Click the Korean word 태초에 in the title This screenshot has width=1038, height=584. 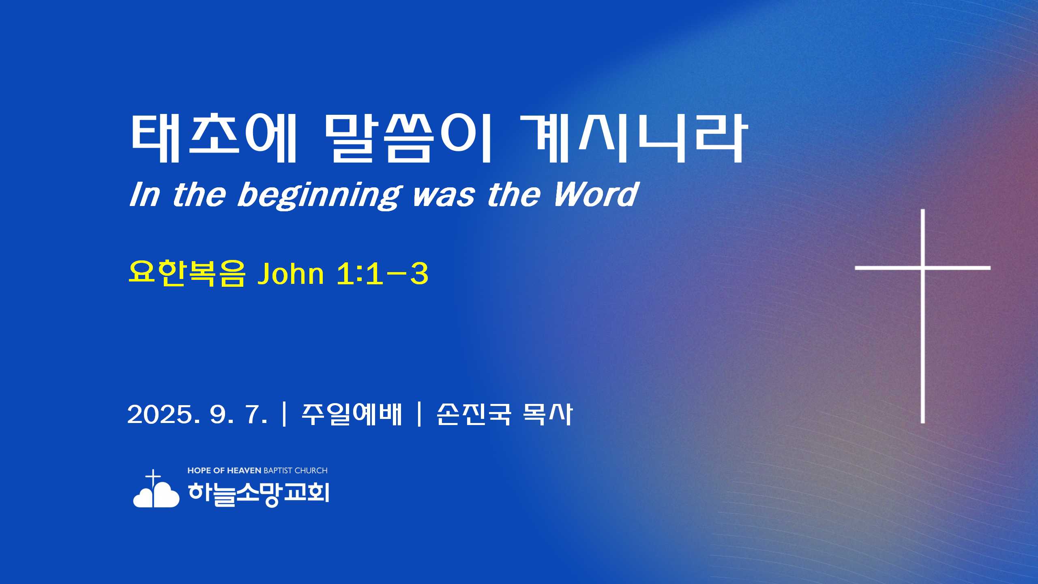click(214, 138)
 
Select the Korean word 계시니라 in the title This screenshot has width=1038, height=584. click(633, 138)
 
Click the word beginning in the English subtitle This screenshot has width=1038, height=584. click(320, 195)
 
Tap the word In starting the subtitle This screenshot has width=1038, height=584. click(144, 194)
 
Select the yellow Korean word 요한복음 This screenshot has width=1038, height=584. click(187, 273)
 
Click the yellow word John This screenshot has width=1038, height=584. click(290, 274)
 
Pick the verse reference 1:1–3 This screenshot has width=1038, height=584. click(382, 274)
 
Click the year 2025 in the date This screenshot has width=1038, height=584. click(160, 414)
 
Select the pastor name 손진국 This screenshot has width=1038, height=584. click(474, 414)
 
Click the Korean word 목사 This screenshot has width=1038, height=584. click(548, 414)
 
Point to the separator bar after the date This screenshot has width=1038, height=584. click(284, 414)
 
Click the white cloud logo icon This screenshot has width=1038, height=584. click(156, 494)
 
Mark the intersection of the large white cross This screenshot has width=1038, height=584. click(922, 268)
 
